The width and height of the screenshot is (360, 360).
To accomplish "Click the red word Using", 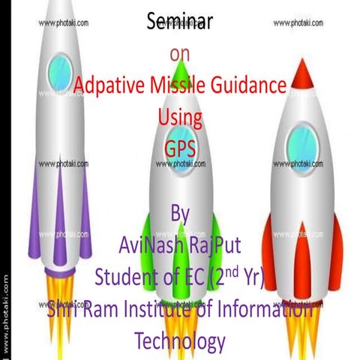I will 180,117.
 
